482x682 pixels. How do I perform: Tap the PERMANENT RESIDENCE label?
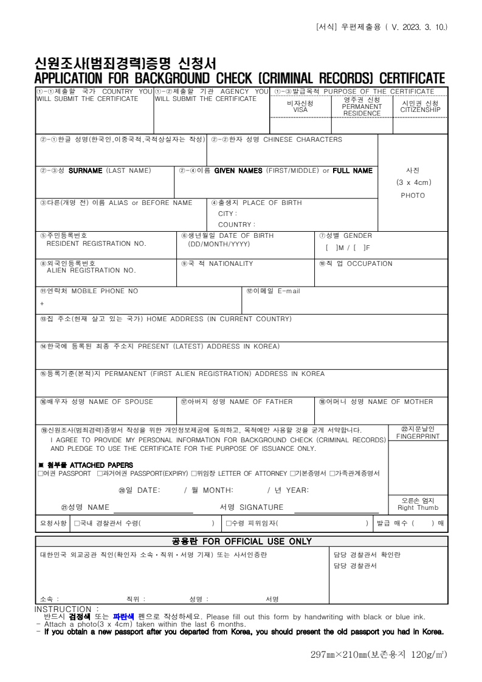[x=362, y=110]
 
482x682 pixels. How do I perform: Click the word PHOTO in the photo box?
[x=413, y=195]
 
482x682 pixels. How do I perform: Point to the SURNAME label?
[x=85, y=171]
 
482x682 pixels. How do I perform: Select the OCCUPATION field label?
[x=368, y=263]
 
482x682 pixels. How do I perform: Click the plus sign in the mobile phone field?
[x=43, y=303]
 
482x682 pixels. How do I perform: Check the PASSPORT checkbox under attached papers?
[x=41, y=473]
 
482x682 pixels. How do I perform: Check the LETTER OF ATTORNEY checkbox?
[x=194, y=473]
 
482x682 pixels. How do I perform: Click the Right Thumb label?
[x=418, y=508]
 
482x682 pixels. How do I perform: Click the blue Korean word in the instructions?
[x=124, y=616]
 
